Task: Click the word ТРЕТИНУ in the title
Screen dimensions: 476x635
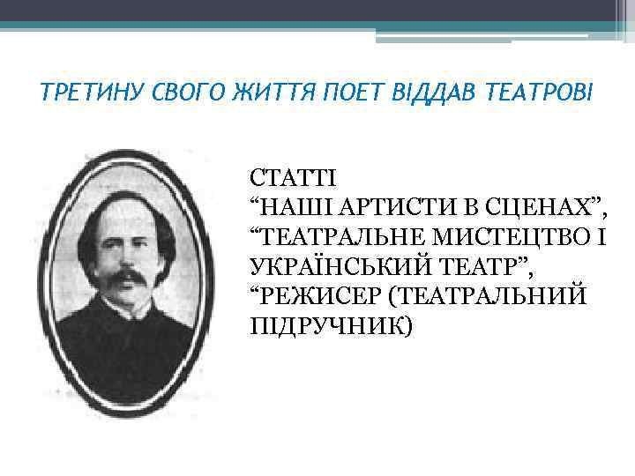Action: click(x=86, y=91)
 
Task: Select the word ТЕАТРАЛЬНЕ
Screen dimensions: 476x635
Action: click(x=345, y=236)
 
